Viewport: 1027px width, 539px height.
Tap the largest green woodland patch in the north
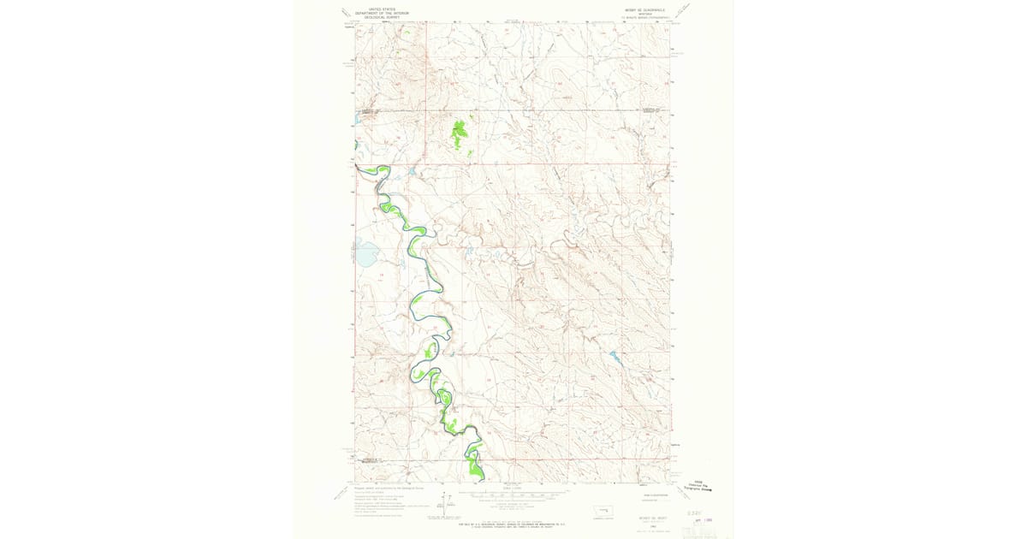click(460, 132)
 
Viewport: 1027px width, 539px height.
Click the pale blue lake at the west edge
click(365, 253)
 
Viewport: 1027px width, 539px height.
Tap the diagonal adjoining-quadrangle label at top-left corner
click(344, 13)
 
